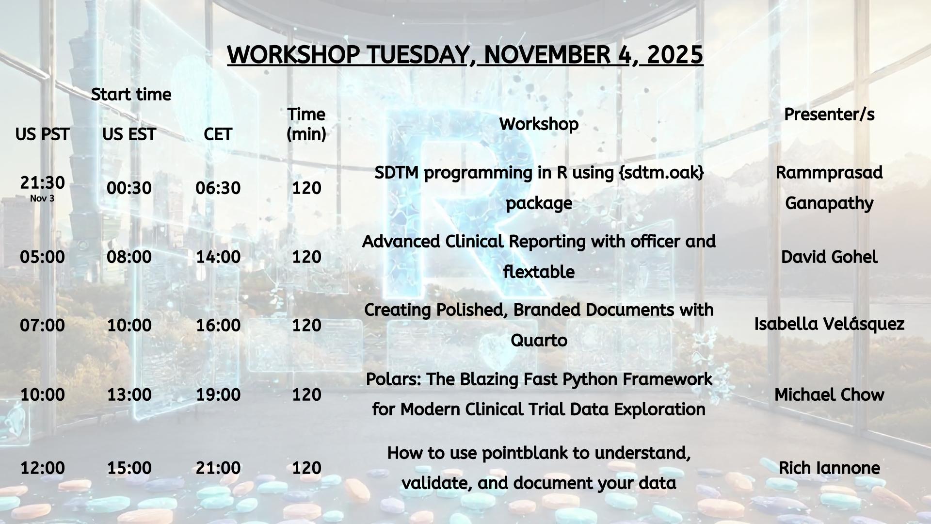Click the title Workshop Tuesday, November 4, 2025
pos(465,54)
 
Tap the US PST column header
pos(42,134)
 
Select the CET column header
pos(218,134)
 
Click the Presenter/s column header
pos(829,115)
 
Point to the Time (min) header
pos(306,124)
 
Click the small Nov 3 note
pos(42,198)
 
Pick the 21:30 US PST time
pos(42,182)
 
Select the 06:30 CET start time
pos(218,188)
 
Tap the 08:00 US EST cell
pos(129,257)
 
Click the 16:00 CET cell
pos(218,325)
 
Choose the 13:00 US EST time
pos(129,394)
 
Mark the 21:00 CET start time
pos(218,468)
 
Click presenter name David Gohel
pos(829,257)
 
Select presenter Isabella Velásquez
pos(829,324)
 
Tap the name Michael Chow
pos(829,394)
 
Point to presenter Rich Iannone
pos(829,468)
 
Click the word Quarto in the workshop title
pos(539,341)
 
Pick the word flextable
pos(539,272)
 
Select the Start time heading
pos(131,94)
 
